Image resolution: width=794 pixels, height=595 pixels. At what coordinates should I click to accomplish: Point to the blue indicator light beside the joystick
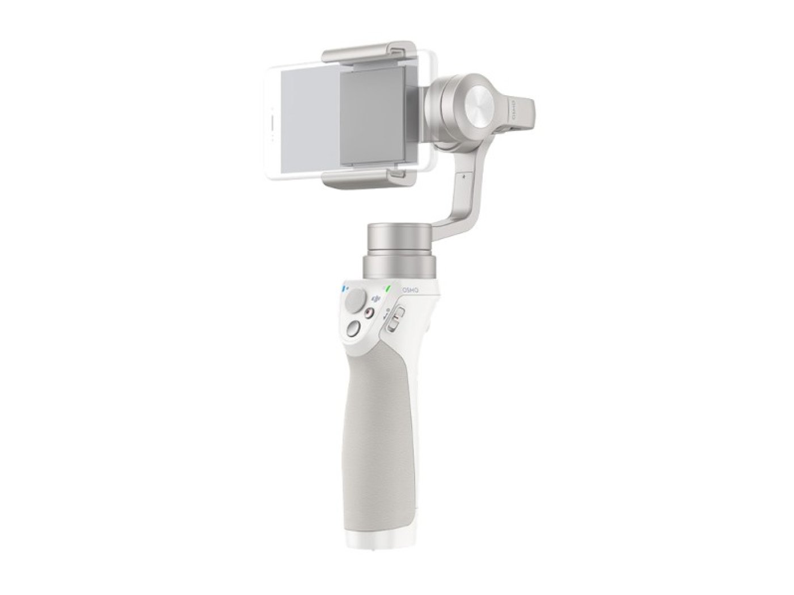pos(343,289)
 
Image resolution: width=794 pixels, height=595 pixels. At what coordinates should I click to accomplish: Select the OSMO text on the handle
pos(410,290)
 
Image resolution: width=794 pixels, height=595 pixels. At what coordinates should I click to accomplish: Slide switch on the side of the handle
pos(397,317)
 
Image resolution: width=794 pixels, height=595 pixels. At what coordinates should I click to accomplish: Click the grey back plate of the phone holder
pos(372,116)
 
